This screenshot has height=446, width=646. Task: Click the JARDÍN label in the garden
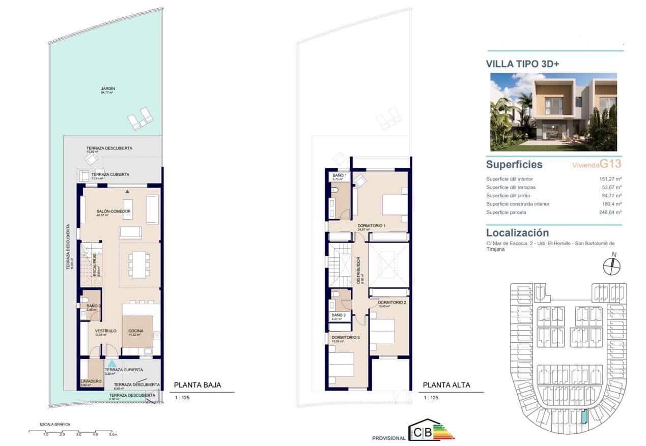tap(107, 88)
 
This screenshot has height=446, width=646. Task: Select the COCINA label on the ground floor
tap(135, 331)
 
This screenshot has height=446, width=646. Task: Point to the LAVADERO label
tap(91, 381)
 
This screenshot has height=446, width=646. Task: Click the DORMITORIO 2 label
tap(392, 303)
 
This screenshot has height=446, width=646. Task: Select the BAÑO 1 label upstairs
tap(339, 175)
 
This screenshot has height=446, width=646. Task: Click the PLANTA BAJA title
tap(198, 385)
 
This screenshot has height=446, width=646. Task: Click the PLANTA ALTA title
tap(446, 385)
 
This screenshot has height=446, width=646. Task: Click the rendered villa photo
tap(553, 112)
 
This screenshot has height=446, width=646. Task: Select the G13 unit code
tap(611, 164)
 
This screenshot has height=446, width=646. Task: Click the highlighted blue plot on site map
tap(584, 417)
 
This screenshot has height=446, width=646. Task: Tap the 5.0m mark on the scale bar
tap(111, 435)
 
